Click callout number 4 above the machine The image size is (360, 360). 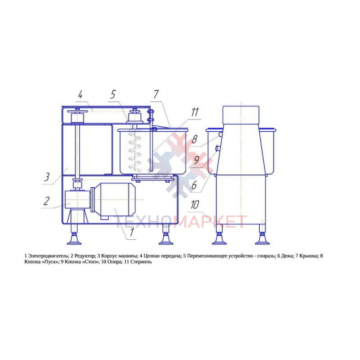point(80,95)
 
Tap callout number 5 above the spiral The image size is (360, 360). point(113,95)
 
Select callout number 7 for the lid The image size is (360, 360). point(156,94)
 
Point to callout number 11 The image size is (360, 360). point(194,112)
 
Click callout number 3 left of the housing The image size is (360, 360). point(47,177)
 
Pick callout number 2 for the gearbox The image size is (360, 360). point(47,201)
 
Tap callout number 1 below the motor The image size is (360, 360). point(132,232)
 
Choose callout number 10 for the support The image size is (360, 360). point(195,205)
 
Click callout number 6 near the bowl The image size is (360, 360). point(194,185)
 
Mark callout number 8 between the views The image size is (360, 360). point(194,140)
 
